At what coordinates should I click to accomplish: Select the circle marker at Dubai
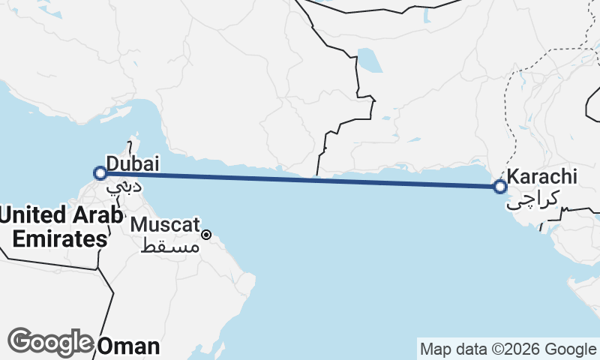tap(100, 174)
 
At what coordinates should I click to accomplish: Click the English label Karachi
tap(542, 177)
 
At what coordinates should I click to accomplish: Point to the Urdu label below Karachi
tap(533, 199)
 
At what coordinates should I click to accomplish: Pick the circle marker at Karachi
tap(501, 186)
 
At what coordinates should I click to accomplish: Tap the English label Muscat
tap(165, 224)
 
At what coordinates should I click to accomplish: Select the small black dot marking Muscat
tap(206, 235)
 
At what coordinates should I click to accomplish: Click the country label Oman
tap(129, 346)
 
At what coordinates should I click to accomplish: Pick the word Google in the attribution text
tap(572, 349)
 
